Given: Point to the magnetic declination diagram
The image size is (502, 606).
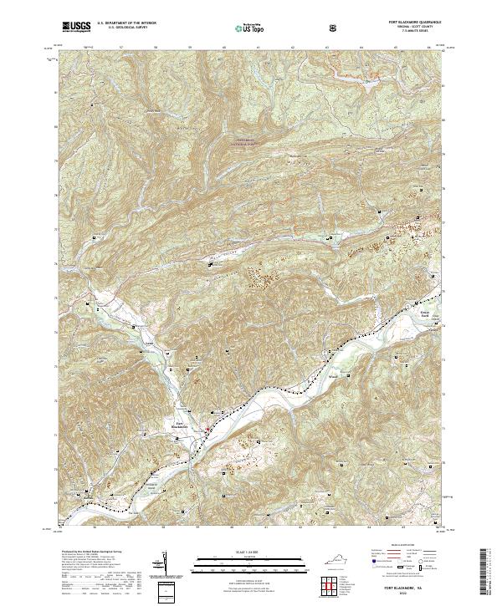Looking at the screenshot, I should coord(164,564).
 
